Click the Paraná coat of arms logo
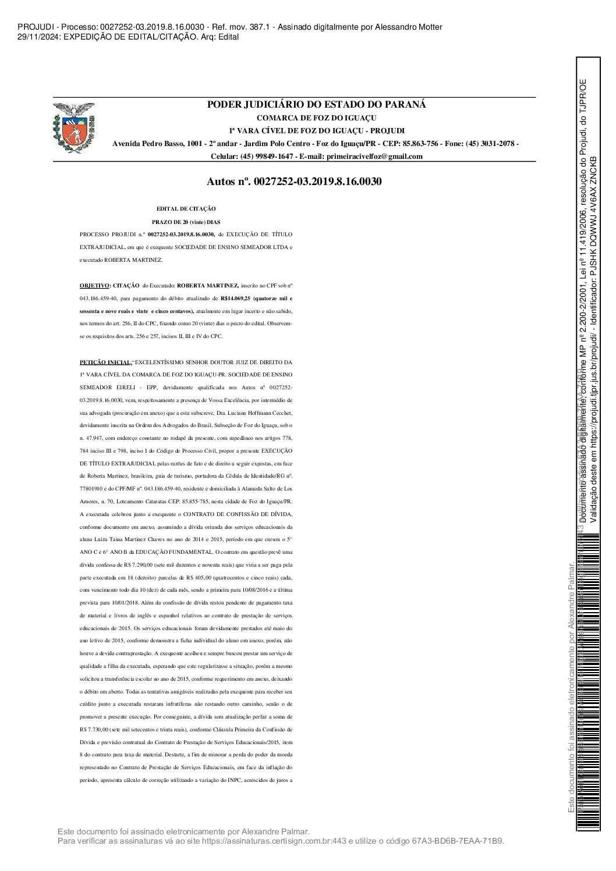pyautogui.click(x=73, y=128)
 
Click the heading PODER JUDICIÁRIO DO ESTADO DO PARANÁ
pyautogui.click(x=317, y=105)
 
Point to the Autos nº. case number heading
pyautogui.click(x=294, y=182)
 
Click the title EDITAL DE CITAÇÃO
pyautogui.click(x=186, y=208)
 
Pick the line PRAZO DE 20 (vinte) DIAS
pyautogui.click(x=186, y=221)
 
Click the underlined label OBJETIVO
pyautogui.click(x=94, y=286)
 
